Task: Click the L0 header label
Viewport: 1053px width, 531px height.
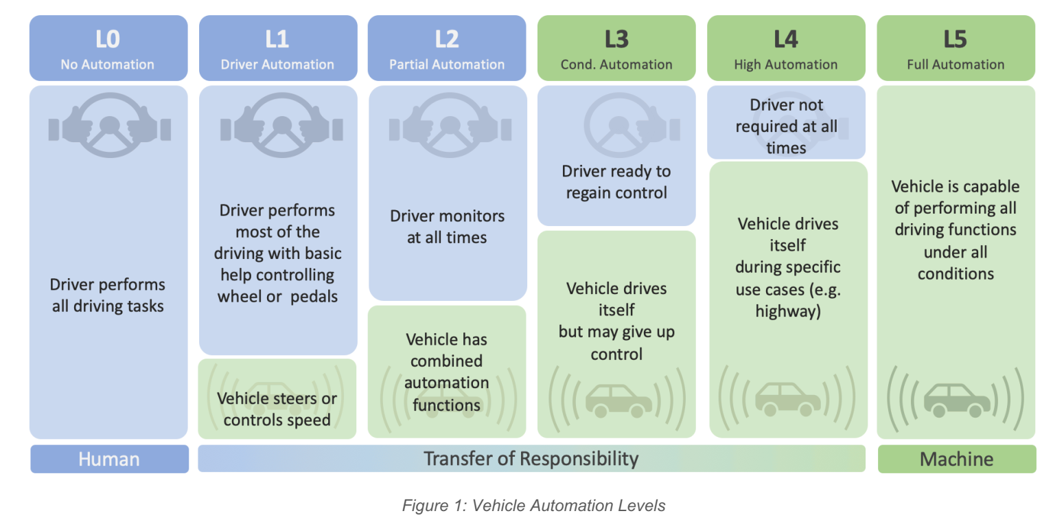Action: click(108, 39)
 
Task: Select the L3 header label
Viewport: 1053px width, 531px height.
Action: click(616, 39)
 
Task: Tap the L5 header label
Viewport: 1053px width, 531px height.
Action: click(956, 39)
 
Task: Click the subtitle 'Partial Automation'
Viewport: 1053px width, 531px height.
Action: click(447, 65)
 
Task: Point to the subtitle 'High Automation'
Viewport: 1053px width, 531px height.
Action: click(786, 65)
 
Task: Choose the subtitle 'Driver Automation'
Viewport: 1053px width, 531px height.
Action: click(277, 65)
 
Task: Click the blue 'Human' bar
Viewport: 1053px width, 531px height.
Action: click(109, 459)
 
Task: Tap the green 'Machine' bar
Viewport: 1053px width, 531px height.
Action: click(956, 459)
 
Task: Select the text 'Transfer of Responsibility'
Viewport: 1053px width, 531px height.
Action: click(531, 458)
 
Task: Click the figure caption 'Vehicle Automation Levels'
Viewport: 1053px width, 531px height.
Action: click(533, 506)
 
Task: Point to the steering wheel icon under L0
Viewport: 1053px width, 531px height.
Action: click(109, 128)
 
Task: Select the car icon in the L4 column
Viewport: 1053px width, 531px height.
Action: click(787, 399)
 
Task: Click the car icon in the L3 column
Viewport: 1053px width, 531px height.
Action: click(618, 399)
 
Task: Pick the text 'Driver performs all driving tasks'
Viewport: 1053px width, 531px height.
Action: click(108, 295)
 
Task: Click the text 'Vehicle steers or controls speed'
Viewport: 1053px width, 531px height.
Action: click(277, 409)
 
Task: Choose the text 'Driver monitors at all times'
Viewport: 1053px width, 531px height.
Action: click(447, 227)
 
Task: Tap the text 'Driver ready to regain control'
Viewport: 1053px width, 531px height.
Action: click(616, 182)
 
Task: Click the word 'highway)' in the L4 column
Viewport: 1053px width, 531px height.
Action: click(787, 311)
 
